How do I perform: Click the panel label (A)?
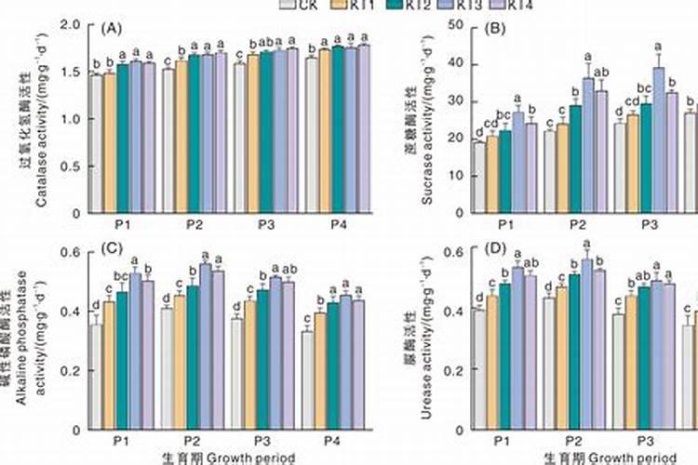coord(111,29)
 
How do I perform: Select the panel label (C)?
coord(111,248)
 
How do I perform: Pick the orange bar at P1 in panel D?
coord(492,362)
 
